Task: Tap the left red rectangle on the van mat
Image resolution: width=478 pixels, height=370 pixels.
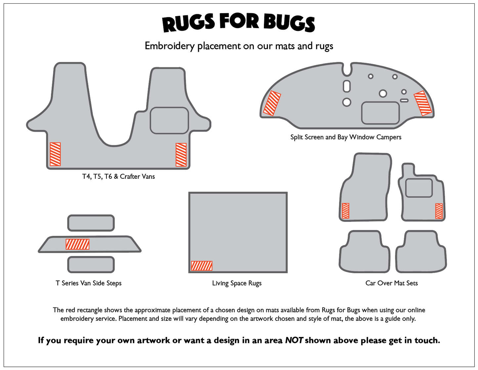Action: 55,154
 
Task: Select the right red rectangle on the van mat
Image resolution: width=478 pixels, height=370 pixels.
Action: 181,155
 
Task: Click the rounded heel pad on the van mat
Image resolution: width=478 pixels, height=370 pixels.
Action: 169,120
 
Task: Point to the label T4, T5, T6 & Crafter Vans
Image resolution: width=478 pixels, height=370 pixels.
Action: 118,176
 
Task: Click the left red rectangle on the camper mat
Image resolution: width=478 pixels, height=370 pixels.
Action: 272,103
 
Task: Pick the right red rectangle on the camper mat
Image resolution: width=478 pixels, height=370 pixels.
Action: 423,103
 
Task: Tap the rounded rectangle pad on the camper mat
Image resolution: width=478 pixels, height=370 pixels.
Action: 380,113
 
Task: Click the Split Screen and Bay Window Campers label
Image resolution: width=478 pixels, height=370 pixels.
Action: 346,137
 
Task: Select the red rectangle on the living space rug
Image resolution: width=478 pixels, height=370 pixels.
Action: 201,266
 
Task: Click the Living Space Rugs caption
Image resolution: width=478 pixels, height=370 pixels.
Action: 237,283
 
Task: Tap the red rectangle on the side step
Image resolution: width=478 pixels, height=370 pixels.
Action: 77,244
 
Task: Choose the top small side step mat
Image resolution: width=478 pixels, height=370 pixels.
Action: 91,223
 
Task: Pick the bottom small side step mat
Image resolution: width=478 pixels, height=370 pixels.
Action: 91,265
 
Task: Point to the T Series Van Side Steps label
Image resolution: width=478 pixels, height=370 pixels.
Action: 89,283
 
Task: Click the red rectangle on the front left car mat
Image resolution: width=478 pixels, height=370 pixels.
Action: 345,211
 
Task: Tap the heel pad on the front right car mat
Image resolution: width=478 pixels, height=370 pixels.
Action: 419,188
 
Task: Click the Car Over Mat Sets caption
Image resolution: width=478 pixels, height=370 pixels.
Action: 392,283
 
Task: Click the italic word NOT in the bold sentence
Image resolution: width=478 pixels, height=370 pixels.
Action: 294,340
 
